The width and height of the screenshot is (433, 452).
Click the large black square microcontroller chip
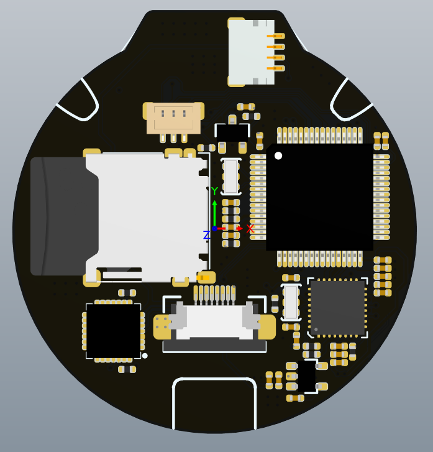click(319, 197)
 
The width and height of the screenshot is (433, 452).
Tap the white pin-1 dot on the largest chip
click(278, 155)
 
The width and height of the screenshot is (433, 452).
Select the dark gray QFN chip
click(337, 308)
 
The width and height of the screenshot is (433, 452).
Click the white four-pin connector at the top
click(251, 52)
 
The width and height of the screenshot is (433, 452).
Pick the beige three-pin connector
click(173, 119)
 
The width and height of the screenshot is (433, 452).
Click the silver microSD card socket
click(147, 218)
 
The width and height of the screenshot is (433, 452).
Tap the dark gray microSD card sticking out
click(64, 216)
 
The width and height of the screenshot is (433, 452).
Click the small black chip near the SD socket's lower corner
click(114, 331)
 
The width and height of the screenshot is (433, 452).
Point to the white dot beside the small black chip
click(145, 356)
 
